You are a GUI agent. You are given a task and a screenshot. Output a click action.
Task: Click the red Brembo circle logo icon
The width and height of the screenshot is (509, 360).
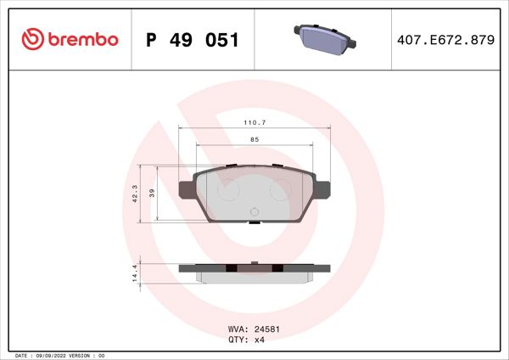31,40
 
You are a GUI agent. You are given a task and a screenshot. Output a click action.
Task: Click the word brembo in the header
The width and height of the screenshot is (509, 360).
81,40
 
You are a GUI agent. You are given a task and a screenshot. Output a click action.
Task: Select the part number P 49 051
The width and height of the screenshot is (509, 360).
193,40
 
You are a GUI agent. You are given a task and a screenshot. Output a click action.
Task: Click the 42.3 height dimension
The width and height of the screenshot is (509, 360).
134,194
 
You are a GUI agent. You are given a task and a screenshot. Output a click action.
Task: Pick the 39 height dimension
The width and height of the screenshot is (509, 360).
152,194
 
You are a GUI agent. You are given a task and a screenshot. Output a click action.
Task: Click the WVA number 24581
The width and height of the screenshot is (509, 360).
267,329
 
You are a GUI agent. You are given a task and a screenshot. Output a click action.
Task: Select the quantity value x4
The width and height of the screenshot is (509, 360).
260,339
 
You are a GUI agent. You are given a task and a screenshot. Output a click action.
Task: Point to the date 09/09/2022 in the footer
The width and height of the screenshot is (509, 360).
58,355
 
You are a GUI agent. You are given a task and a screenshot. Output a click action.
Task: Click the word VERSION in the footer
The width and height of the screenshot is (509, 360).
88,355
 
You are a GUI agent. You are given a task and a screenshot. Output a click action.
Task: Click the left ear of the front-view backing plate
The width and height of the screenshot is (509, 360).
187,188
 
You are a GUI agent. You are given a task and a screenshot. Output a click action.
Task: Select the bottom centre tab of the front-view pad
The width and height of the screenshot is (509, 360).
254,222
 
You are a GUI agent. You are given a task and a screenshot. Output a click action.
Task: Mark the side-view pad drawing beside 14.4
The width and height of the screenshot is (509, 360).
254,271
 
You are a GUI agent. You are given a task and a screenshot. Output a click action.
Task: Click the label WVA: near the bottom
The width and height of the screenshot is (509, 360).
239,329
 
